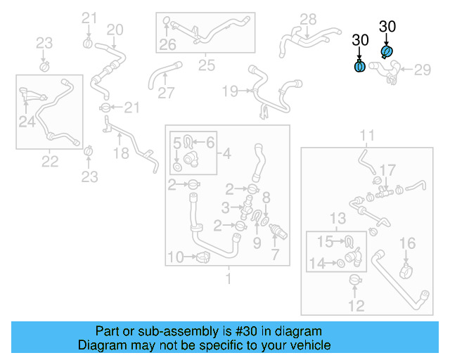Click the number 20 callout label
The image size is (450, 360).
point(115,30)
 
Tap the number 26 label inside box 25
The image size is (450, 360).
point(167,45)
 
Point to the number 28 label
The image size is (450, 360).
point(309,19)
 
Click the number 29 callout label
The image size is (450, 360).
point(422,69)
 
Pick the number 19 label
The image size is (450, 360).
point(230,91)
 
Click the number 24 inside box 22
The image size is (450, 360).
point(27,122)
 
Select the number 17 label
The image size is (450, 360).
point(387,170)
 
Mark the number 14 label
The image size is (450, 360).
point(319,263)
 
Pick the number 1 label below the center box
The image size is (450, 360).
point(227,278)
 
